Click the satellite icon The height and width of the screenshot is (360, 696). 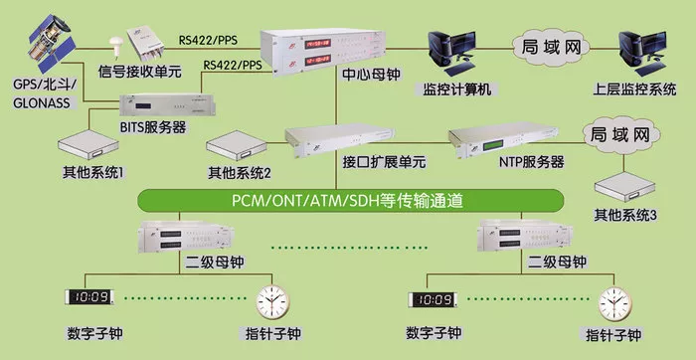[x=51, y=43]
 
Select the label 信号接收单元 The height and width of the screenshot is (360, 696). [x=140, y=71]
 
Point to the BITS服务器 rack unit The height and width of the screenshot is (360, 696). [x=167, y=105]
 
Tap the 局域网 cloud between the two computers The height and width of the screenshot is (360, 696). [x=551, y=46]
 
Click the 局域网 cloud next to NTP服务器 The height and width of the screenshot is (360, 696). [x=621, y=135]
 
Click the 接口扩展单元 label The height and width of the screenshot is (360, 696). [x=384, y=162]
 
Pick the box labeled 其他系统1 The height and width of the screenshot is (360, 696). [x=88, y=145]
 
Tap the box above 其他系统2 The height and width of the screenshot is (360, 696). [x=237, y=146]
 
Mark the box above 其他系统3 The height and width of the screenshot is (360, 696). [x=625, y=187]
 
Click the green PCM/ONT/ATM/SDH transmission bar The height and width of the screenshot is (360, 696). [x=351, y=201]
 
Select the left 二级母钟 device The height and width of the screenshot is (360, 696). [x=186, y=236]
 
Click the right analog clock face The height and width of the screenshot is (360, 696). [x=614, y=304]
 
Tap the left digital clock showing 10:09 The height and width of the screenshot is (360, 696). [x=88, y=297]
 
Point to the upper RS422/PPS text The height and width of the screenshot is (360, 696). [x=208, y=40]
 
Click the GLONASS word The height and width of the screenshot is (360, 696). [x=42, y=103]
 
